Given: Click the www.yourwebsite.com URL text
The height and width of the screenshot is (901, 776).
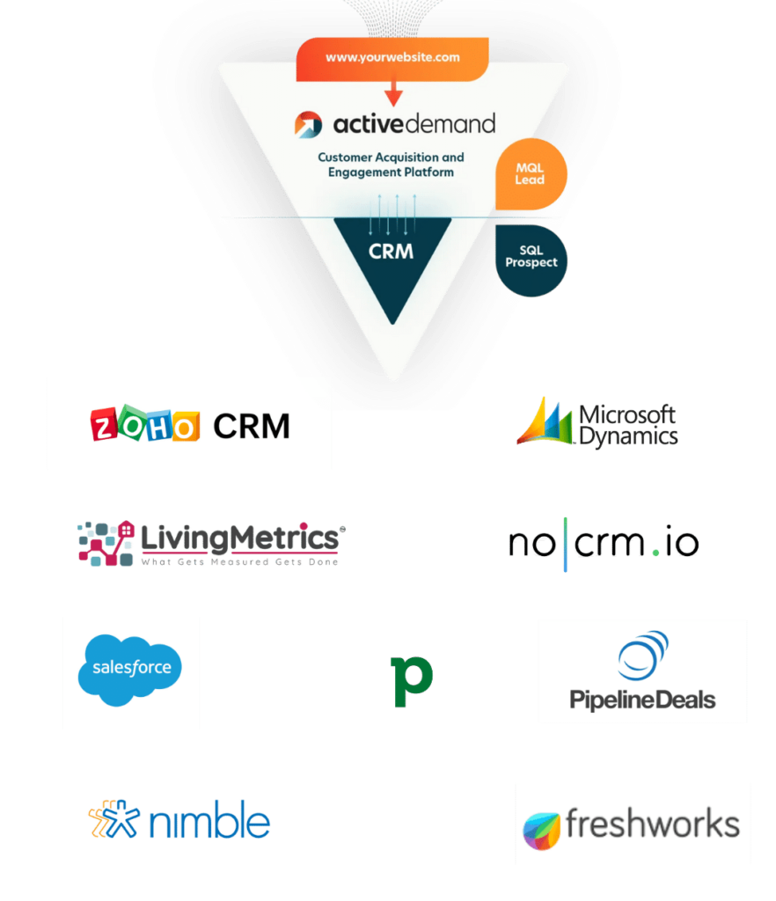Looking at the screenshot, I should click(392, 57).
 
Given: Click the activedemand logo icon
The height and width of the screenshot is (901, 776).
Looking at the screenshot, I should click(309, 123).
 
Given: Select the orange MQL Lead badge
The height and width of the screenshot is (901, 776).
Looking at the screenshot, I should click(531, 173).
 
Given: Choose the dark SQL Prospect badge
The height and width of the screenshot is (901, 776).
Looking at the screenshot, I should click(531, 257).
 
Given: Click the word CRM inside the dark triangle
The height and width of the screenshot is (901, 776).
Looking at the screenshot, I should click(392, 252).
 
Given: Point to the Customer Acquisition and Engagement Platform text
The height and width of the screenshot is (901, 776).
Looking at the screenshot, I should click(392, 165).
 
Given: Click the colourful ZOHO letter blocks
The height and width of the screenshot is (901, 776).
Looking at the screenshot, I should click(145, 425).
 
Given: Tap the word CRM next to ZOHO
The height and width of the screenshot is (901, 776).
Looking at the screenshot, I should click(252, 426).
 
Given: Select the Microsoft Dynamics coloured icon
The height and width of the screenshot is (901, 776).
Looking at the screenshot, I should click(544, 423).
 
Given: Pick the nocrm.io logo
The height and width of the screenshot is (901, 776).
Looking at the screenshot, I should click(604, 544).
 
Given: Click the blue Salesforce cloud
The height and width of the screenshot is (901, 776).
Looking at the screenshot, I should click(131, 670).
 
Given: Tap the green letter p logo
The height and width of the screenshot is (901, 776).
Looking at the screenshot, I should click(412, 679).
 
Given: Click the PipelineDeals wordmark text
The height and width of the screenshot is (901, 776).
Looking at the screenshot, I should click(642, 700).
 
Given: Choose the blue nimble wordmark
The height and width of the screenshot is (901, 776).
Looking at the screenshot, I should click(209, 822).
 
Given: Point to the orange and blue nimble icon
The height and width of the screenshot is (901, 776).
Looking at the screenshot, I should click(114, 820).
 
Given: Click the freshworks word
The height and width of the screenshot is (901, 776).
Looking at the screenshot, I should click(652, 824).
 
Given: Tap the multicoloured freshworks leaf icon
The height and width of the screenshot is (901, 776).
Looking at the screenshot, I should click(542, 830).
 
